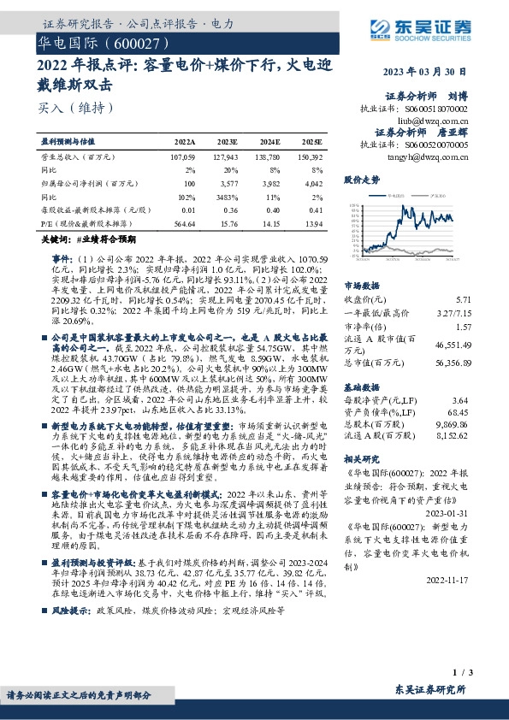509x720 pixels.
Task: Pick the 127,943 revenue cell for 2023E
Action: tap(227, 157)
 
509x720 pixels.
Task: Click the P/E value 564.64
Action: tap(185, 223)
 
